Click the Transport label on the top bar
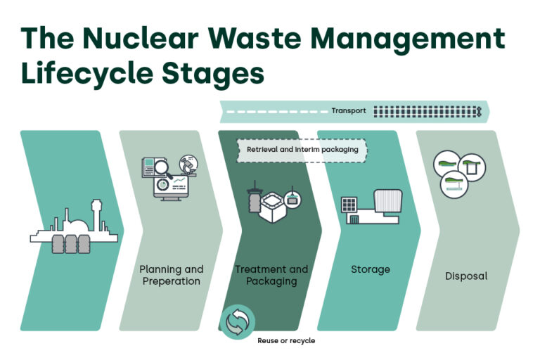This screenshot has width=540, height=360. (348, 111)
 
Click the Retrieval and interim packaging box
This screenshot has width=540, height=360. (302, 150)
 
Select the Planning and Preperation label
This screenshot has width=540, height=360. (171, 275)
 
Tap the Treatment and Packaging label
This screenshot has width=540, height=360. (271, 275)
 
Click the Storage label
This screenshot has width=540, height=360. (370, 269)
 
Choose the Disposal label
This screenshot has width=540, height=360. (466, 276)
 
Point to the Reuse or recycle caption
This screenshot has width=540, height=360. (285, 340)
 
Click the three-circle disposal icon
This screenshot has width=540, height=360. (461, 172)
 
